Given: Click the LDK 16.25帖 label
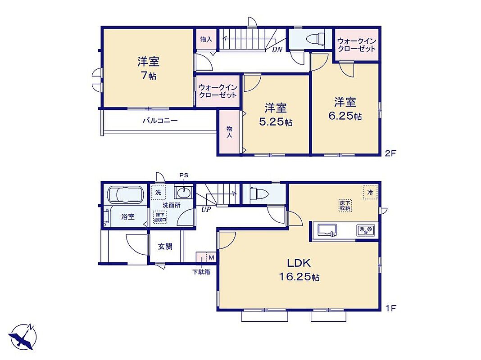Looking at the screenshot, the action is tap(299, 270).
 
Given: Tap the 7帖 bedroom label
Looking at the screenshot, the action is tap(149, 68).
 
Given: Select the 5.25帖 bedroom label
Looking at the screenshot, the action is tap(276, 115).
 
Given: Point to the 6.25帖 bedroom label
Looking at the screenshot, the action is tap(345, 108).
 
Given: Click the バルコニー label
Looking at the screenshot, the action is tap(160, 121).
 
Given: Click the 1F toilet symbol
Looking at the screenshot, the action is tap(259, 193).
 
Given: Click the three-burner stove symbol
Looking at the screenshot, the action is tap(366, 230).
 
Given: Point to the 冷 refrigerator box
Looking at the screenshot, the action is tap(370, 193).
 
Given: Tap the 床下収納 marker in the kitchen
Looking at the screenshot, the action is tap(345, 205).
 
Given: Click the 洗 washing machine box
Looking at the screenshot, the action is tap(158, 193).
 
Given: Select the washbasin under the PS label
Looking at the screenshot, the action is tap(183, 193).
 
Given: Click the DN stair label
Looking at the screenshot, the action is tap(277, 49).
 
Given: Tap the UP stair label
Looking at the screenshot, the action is tap(206, 210).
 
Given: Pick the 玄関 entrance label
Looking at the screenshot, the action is tap(165, 246).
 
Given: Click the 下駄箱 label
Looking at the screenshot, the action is tap(201, 272).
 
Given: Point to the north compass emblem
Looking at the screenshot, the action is tap(23, 337).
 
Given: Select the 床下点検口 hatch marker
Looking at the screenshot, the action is tap(160, 217).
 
